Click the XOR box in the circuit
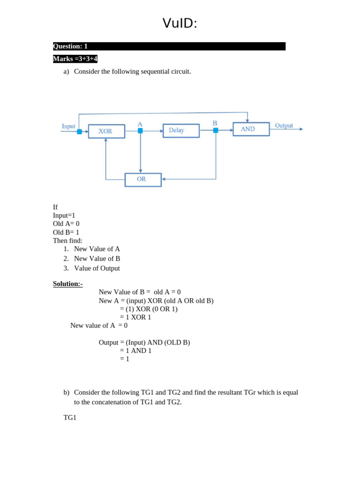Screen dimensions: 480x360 click(106, 131)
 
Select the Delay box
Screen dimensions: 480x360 click(181, 130)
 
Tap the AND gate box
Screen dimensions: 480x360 click(251, 129)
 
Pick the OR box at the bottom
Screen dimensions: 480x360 click(143, 180)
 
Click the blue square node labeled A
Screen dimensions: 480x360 click(140, 131)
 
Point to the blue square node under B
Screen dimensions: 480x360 click(216, 130)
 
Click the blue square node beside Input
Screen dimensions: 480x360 click(79, 132)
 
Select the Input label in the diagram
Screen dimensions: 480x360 click(68, 126)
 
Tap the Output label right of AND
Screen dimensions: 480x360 click(284, 125)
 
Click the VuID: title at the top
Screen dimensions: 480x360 click(180, 23)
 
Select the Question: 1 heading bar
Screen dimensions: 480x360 click(169, 46)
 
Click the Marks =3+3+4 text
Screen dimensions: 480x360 click(75, 59)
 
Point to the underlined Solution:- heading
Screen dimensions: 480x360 click(67, 284)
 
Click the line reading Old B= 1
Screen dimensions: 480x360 click(66, 232)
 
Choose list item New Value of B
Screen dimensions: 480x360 click(97, 258)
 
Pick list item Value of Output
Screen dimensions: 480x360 click(97, 268)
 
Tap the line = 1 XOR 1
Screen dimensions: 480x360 click(135, 317)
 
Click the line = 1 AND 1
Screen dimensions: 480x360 click(136, 351)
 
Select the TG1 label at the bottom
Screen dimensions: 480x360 click(70, 417)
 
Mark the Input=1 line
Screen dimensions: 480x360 click(64, 215)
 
